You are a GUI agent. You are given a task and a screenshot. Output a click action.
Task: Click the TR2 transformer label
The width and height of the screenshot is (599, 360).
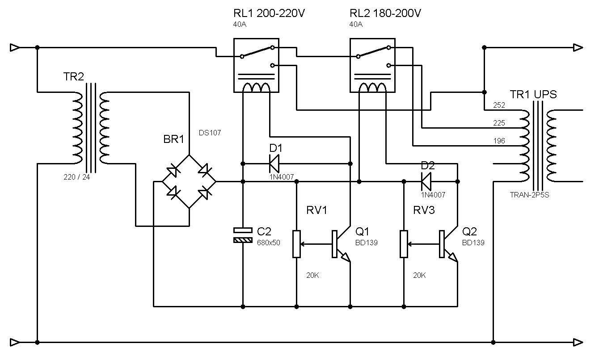(74, 77)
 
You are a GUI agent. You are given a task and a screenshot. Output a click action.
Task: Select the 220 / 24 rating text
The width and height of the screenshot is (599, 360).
(77, 177)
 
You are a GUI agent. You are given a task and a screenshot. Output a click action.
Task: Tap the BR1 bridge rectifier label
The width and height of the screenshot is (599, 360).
(174, 139)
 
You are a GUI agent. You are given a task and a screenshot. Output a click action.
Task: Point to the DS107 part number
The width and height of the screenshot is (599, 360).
(210, 133)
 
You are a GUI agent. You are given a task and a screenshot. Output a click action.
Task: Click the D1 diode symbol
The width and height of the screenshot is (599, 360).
(274, 163)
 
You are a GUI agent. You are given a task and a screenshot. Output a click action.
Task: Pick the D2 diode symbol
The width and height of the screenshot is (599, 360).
(426, 181)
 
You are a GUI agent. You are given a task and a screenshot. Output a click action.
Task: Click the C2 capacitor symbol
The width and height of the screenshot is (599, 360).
(243, 235)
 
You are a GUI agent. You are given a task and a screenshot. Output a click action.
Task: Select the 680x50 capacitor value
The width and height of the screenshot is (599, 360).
(269, 243)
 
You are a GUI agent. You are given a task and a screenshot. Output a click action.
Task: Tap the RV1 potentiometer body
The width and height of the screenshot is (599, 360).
(296, 244)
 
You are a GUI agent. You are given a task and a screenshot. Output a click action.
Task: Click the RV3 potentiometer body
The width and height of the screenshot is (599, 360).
(404, 244)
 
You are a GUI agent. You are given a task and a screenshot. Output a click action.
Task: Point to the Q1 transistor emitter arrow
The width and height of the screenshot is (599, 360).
(345, 257)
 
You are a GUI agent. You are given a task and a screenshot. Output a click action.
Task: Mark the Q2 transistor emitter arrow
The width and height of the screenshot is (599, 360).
(453, 257)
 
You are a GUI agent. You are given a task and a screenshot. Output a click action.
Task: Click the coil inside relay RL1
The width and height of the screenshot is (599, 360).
(257, 88)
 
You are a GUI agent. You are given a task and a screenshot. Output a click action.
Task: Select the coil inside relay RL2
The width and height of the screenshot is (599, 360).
(372, 88)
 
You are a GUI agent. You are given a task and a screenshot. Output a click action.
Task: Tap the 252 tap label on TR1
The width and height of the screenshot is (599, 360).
(499, 105)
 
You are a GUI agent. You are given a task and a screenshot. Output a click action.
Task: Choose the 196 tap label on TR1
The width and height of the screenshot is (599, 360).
(499, 141)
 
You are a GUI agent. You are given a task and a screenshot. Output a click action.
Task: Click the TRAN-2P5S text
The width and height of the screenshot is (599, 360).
(529, 195)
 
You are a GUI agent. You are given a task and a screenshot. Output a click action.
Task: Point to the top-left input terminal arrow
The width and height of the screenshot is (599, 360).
(15, 48)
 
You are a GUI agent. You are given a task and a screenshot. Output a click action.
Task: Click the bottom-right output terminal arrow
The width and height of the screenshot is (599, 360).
(578, 343)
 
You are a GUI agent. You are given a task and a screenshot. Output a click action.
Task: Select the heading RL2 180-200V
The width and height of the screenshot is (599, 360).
(385, 13)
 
